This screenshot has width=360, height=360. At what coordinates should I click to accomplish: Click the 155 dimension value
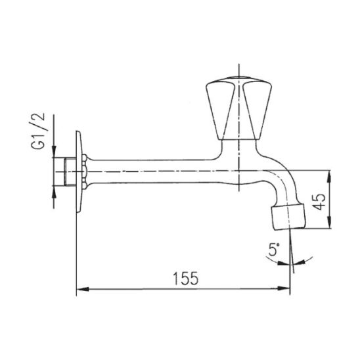coord(185,279)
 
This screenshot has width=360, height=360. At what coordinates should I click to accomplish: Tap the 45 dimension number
coord(319,202)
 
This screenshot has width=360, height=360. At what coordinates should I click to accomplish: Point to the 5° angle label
coord(274,250)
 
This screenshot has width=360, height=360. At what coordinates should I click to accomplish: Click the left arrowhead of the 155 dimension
coord(82,289)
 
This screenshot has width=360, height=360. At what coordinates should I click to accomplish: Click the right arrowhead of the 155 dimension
coord(284,288)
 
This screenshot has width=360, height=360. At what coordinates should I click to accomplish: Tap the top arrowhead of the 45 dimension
coord(330,176)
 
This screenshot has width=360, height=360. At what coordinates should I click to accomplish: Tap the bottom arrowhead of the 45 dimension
coord(330,222)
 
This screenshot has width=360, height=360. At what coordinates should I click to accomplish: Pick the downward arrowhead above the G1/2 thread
coord(54,151)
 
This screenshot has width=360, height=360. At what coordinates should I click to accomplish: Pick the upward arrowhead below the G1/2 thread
coord(54,192)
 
